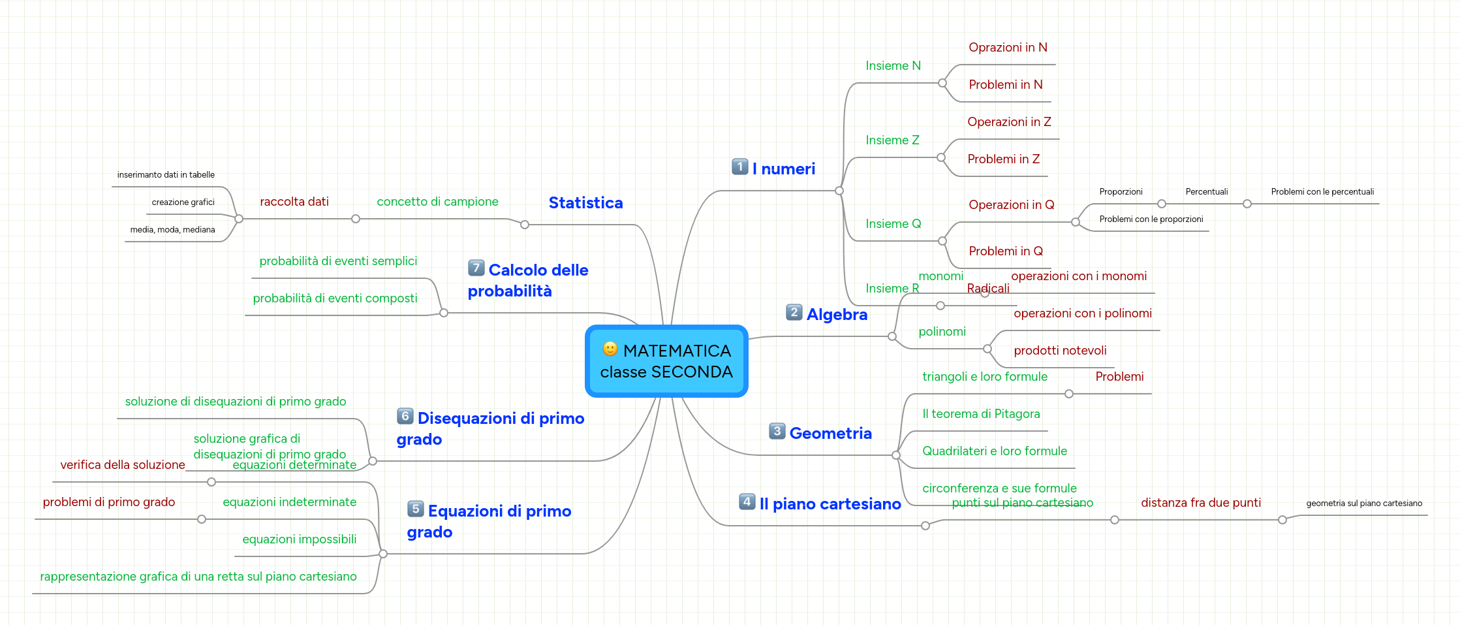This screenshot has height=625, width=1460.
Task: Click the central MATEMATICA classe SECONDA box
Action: [666, 361]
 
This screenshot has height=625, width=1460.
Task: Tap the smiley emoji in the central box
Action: [610, 349]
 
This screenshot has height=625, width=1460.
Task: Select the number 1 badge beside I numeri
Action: [739, 167]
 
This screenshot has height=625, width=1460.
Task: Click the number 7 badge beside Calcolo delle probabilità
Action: [476, 268]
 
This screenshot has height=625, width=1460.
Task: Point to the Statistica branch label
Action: [585, 203]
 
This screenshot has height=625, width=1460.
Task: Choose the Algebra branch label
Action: [837, 315]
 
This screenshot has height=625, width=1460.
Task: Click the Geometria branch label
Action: [830, 434]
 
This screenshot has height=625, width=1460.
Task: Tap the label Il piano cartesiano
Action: [830, 504]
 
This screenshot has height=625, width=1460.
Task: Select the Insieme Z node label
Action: [892, 140]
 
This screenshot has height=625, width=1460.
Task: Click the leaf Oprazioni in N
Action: [1008, 48]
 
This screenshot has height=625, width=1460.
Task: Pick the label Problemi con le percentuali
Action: [1322, 192]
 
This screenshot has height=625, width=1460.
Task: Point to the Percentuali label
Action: [1206, 192]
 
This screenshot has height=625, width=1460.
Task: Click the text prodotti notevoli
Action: [1060, 351]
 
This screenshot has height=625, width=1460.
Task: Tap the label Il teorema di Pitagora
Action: [981, 414]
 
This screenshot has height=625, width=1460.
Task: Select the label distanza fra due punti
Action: [1200, 503]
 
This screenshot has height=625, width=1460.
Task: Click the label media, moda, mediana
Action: [172, 230]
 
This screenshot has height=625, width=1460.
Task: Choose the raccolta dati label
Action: [294, 202]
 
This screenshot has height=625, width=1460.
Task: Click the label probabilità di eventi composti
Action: [335, 298]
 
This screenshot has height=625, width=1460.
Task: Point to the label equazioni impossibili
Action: [299, 539]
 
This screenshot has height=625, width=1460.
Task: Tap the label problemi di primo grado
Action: [109, 502]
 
